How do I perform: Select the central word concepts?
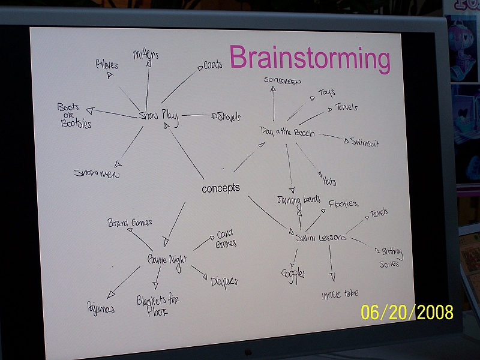point(220,188)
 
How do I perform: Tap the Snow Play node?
point(159,116)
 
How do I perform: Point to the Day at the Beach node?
point(287,132)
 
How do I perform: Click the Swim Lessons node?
point(321,237)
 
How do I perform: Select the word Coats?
point(212,65)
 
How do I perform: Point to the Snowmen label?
point(97,173)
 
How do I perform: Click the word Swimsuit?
point(364,143)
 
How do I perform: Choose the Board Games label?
point(130,223)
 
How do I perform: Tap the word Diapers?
point(223,281)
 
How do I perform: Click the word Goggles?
point(293,274)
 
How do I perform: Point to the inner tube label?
point(340,293)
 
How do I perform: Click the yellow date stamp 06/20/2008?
point(407,312)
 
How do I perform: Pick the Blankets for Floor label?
point(157,304)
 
